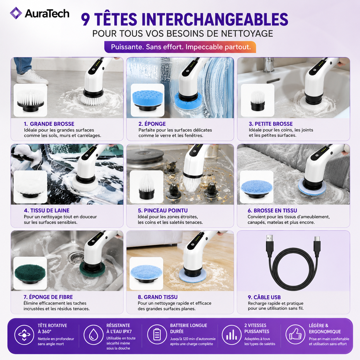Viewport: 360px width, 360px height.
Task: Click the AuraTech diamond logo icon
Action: pos(16,13)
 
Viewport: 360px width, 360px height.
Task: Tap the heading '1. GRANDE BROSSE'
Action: pos(49,124)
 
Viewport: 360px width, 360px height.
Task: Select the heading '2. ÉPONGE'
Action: pos(152,124)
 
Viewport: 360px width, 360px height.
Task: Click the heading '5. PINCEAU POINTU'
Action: pos(163,210)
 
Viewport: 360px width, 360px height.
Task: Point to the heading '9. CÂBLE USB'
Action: pos(264,297)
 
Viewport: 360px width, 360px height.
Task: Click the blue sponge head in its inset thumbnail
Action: pos(147,100)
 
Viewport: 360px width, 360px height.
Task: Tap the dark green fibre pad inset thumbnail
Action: pos(30,273)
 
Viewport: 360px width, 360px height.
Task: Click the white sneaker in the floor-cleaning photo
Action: pos(32,77)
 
